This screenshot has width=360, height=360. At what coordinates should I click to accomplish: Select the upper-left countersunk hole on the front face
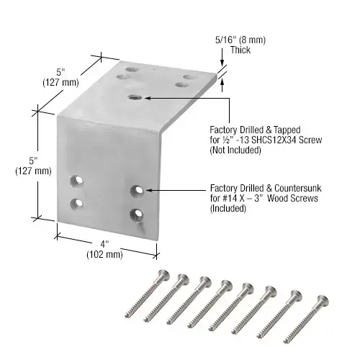click(x=76, y=178)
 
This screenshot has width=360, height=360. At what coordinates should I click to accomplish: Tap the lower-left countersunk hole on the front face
click(x=76, y=203)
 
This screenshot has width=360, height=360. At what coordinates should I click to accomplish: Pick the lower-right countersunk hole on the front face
click(x=136, y=214)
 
